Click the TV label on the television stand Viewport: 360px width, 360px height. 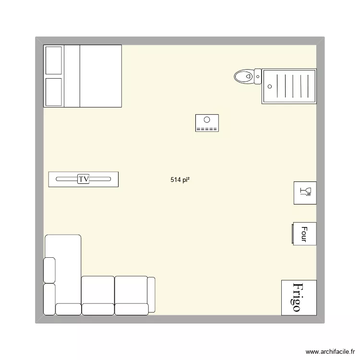point(84,179)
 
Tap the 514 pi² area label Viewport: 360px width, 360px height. point(180,180)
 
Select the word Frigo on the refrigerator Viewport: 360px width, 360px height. point(297,297)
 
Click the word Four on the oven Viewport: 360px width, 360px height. point(304,233)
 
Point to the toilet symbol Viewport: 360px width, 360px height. point(245,76)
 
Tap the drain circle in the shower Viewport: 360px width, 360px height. point(269,86)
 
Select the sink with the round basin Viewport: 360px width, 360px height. point(207,123)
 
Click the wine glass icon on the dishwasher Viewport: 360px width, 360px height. point(305,192)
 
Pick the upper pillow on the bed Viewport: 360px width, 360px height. point(53,60)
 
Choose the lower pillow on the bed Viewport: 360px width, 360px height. point(53,92)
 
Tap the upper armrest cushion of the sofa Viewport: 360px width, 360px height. point(49,270)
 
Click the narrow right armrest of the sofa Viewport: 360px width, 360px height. point(151,295)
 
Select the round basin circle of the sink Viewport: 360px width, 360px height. point(207,120)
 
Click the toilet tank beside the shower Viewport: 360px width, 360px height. point(258,76)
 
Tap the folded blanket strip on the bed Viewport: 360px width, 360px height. point(72,76)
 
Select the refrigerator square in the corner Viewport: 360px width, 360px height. point(299,297)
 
